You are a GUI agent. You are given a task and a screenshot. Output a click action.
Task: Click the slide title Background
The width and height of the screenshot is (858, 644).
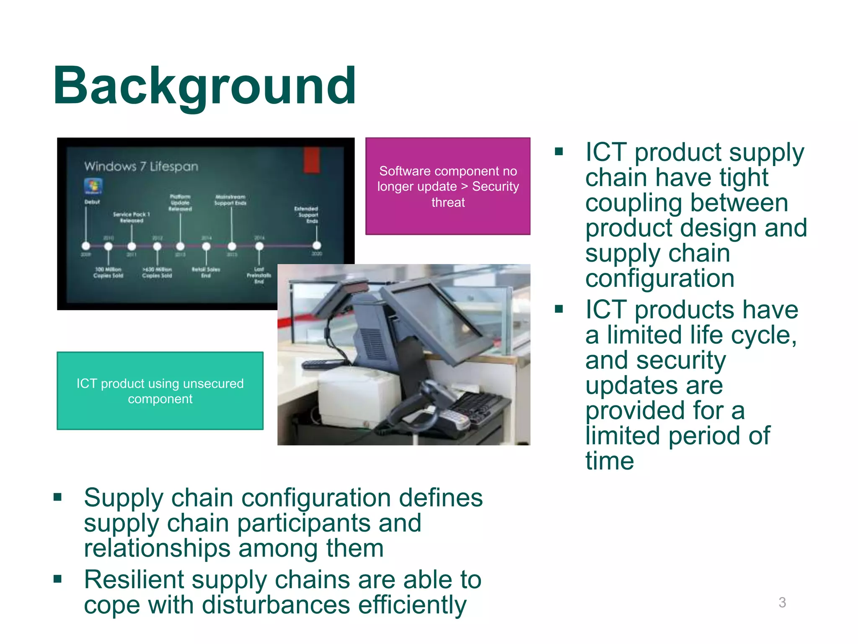point(204,86)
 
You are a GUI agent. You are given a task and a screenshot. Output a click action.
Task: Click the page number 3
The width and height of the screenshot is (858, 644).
point(782,602)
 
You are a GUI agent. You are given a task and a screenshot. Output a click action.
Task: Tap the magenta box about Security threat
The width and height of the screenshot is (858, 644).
point(447,186)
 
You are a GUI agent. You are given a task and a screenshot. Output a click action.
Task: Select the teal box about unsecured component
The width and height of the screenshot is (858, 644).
point(160,391)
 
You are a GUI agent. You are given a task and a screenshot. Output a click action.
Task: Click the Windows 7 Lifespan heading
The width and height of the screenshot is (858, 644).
point(141,166)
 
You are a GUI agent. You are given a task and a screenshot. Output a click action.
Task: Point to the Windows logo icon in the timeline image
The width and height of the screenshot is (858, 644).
point(93,186)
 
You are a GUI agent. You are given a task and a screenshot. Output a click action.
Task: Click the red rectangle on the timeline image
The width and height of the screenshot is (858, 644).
point(311,160)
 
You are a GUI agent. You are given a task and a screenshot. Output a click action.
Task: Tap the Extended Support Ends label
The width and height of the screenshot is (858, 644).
point(307,214)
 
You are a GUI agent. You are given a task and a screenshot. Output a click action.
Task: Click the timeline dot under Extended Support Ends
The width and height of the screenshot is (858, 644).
point(317,246)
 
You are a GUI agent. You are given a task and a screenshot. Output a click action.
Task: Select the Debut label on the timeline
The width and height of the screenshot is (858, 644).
point(92,202)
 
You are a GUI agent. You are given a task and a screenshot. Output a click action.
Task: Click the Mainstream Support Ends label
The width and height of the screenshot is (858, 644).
point(230,200)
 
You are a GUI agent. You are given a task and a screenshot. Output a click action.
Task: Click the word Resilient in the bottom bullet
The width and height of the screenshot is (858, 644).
point(134,580)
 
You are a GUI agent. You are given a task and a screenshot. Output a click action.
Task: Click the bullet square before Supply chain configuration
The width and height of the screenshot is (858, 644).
point(58,498)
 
